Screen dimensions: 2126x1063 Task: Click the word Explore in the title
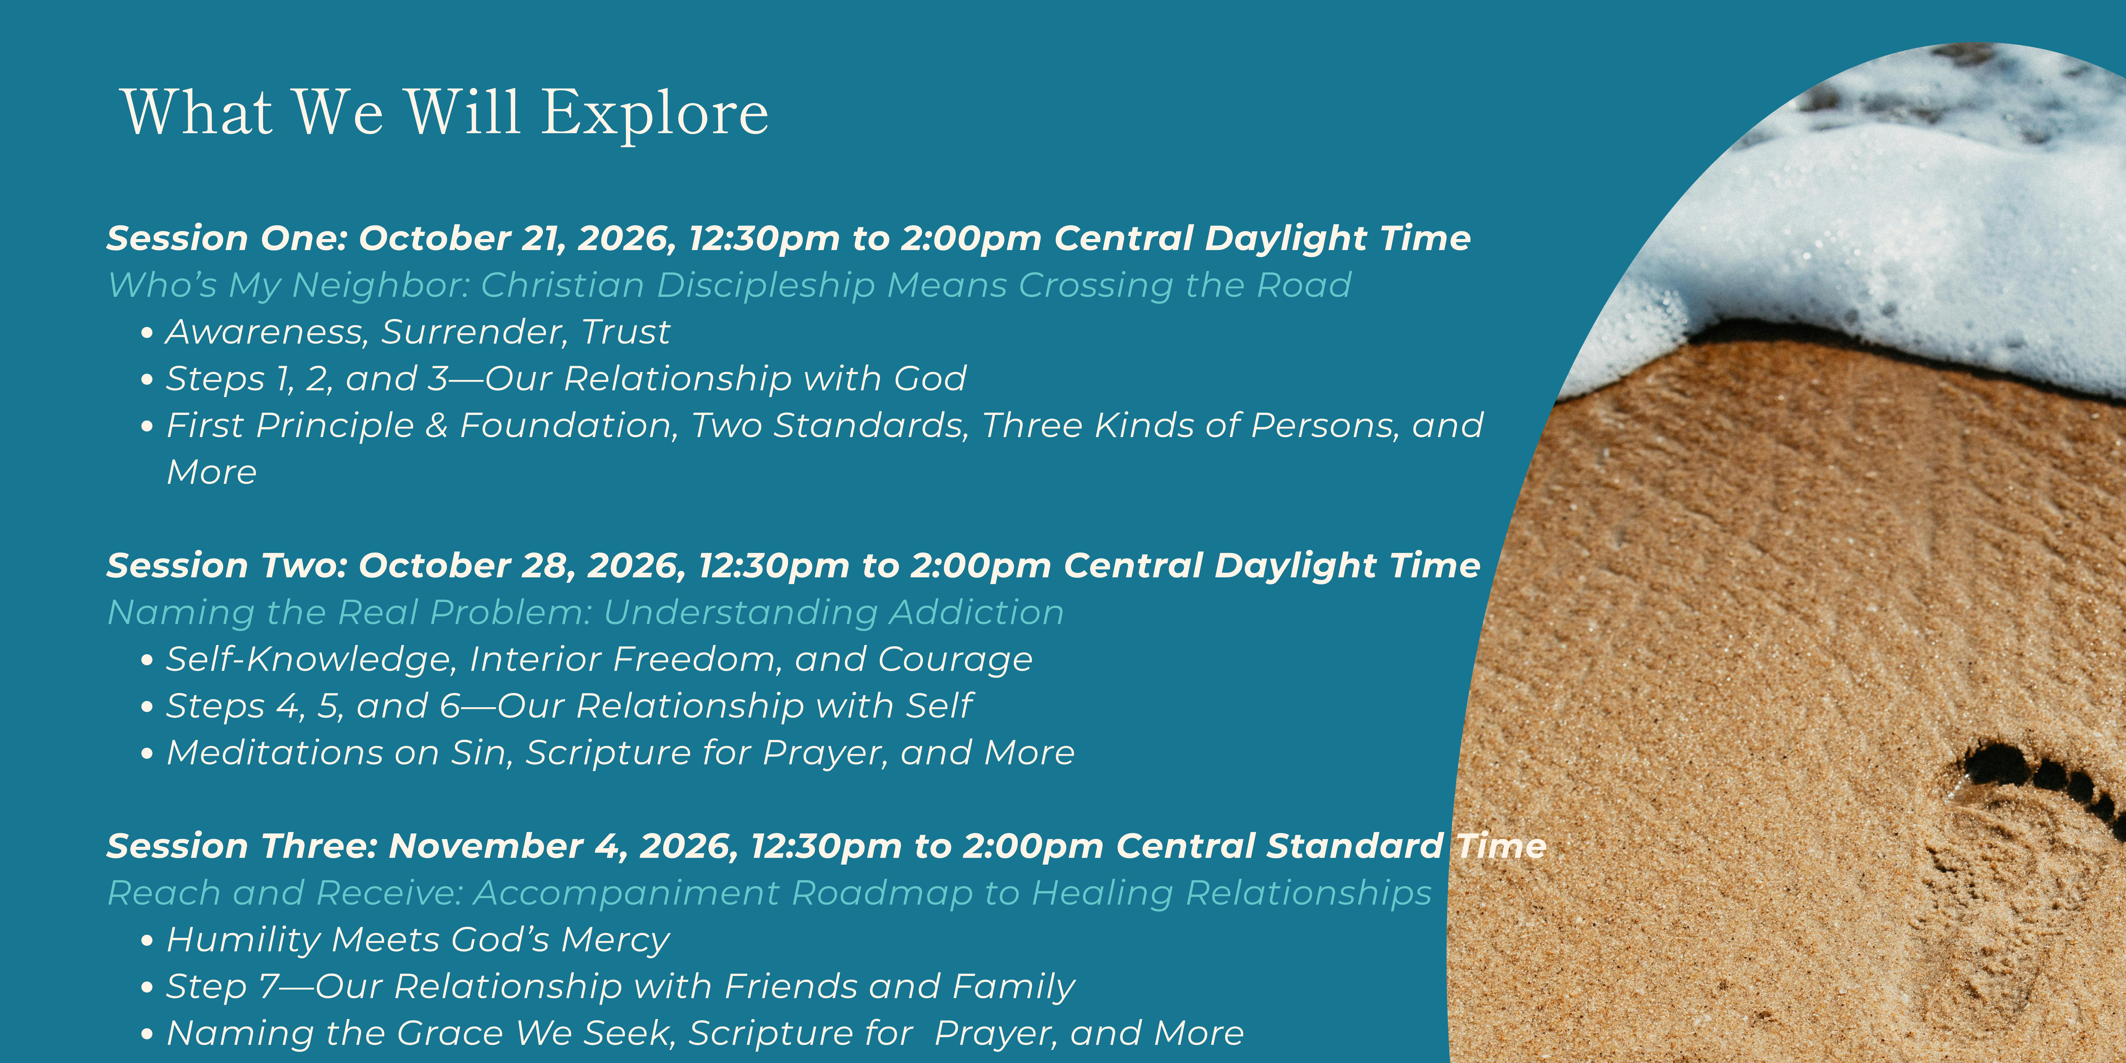[x=655, y=114]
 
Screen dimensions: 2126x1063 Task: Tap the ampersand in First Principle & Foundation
[x=436, y=426]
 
